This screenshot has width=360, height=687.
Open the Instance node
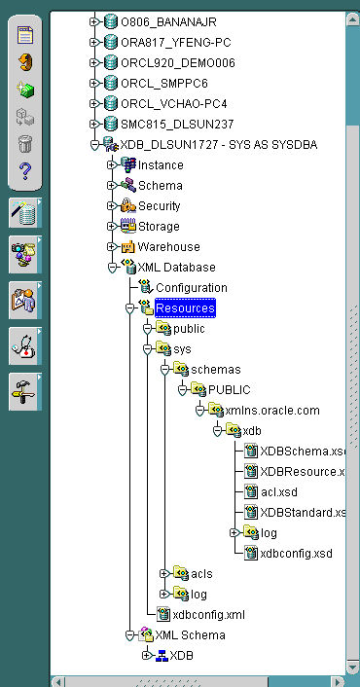point(160,165)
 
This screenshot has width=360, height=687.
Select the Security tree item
point(159,206)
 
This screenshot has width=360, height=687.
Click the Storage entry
point(159,227)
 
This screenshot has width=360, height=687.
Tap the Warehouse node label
point(168,247)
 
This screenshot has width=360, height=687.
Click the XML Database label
point(176,268)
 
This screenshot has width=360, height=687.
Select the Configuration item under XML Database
point(191,288)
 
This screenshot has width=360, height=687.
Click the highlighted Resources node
point(185,308)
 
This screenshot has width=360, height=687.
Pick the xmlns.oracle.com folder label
point(272,411)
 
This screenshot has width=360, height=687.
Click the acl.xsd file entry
point(278,492)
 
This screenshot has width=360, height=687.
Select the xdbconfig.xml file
point(208,615)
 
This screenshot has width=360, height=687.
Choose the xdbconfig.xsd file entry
point(296,554)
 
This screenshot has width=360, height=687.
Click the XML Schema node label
point(191,635)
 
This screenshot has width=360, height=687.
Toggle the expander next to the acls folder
point(163,574)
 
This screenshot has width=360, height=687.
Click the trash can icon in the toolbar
point(25,144)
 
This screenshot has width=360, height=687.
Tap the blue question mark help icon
point(25,172)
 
